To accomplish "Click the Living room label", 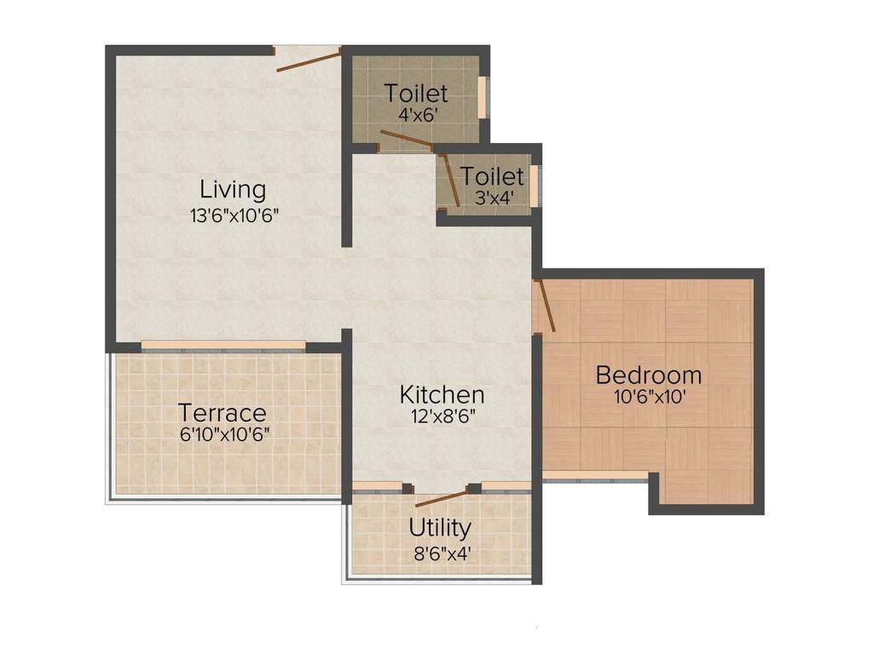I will (233, 188).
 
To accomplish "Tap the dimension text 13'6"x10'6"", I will (235, 215).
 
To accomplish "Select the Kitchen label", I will (442, 395).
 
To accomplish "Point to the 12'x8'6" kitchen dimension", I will (442, 417).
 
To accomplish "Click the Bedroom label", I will (649, 375).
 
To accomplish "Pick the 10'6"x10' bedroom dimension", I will (648, 396).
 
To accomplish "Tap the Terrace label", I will (222, 413).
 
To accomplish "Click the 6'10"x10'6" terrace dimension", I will (222, 434).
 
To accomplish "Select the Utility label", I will (440, 528).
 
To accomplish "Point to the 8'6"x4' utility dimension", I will (440, 552).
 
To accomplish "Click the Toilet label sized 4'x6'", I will (416, 93).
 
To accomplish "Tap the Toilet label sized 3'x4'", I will (492, 176).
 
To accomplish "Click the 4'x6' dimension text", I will (415, 113).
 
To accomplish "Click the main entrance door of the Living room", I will (308, 59).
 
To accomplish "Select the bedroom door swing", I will (546, 305).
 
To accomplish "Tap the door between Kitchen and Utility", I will (441, 498).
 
